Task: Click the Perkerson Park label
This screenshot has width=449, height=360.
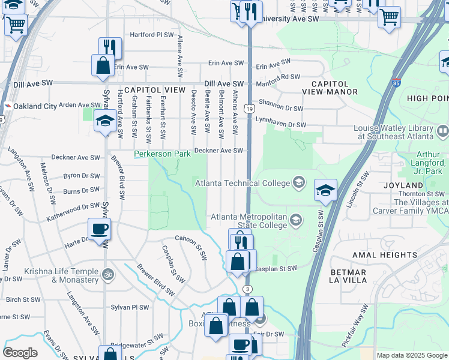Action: pyautogui.click(x=161, y=154)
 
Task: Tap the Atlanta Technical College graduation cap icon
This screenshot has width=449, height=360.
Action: pyautogui.click(x=299, y=182)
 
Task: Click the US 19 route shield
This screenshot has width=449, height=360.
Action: pyautogui.click(x=249, y=108)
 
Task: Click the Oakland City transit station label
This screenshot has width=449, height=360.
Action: pyautogui.click(x=35, y=106)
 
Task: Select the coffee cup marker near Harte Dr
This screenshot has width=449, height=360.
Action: pyautogui.click(x=99, y=229)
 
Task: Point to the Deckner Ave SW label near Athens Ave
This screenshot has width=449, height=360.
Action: pyautogui.click(x=220, y=151)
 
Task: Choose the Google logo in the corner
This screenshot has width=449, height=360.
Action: pyautogui.click(x=20, y=352)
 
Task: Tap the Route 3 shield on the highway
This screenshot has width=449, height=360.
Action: pyautogui.click(x=247, y=289)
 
